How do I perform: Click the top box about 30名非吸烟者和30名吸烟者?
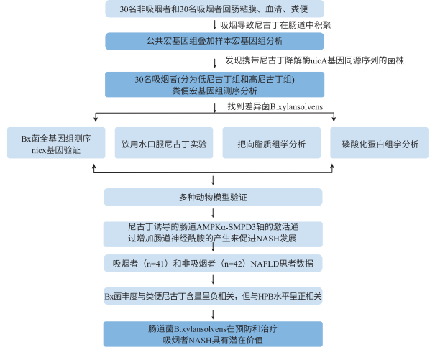(214, 9)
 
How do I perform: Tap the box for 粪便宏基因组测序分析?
(214, 84)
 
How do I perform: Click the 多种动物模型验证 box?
(214, 196)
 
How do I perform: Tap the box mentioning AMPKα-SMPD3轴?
(214, 231)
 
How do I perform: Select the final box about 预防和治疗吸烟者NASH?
(214, 333)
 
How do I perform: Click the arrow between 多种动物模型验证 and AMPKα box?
(214, 213)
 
